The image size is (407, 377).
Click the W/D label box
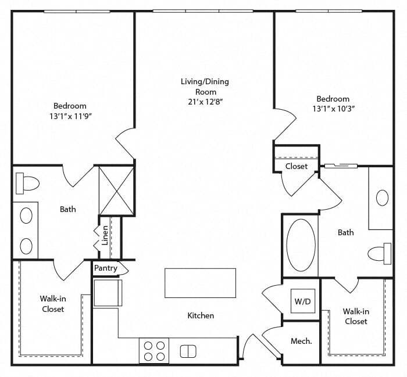(303, 301)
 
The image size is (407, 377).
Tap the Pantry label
(106, 268)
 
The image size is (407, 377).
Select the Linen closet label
(105, 235)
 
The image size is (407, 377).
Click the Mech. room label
(301, 341)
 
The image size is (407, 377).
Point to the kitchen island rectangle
(201, 283)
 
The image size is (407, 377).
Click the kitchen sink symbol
(188, 351)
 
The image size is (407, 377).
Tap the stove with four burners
(154, 350)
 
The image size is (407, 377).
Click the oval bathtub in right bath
(301, 245)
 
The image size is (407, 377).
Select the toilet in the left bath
(27, 184)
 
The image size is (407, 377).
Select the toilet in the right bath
(380, 254)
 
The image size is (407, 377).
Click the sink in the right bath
(382, 198)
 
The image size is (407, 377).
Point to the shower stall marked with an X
(116, 191)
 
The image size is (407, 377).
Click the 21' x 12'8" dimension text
(206, 102)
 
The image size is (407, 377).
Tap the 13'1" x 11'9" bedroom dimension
(71, 116)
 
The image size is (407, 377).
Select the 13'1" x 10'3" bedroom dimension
(334, 109)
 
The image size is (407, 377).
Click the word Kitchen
(201, 315)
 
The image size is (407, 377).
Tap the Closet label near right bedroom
(297, 166)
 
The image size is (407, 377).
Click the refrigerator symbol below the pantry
(108, 292)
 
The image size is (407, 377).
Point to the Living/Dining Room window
(203, 11)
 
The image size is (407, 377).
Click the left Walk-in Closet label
(53, 304)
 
